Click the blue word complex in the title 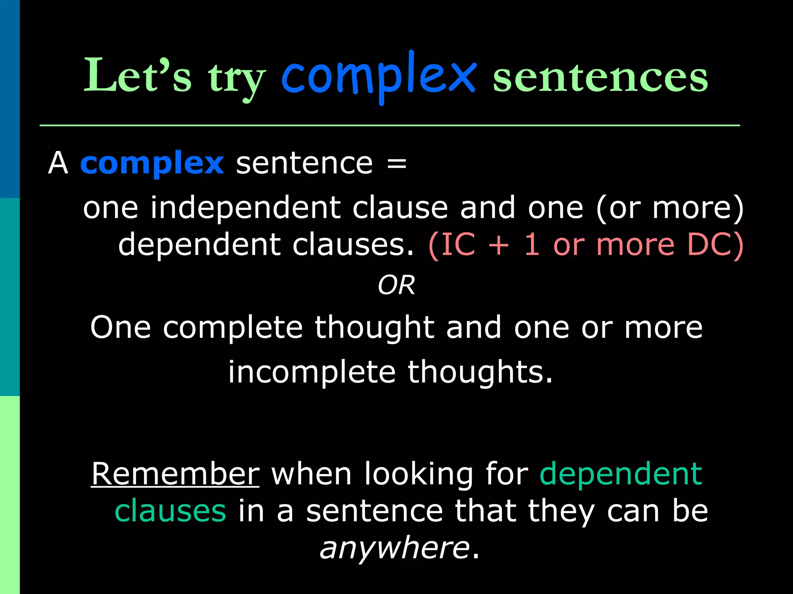[x=379, y=75]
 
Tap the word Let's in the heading [x=137, y=75]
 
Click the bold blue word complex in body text [x=152, y=163]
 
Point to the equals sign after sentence [x=396, y=163]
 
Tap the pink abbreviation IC [x=458, y=244]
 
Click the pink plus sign [x=499, y=245]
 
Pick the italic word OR [x=396, y=285]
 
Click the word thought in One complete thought [x=374, y=328]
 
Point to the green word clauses [x=170, y=511]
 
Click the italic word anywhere [x=395, y=548]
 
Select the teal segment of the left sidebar [x=10, y=297]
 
